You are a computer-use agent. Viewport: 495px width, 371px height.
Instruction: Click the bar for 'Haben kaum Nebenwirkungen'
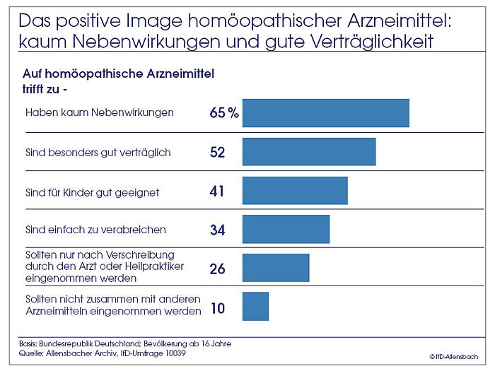coord(325,113)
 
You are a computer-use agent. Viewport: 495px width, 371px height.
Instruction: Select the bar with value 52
coord(308,152)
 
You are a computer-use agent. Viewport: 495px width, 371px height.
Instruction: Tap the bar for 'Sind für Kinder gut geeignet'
coord(295,191)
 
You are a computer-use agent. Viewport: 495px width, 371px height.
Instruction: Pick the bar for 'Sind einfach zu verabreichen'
coord(286,229)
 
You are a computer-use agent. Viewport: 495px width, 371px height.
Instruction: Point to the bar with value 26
coord(276,268)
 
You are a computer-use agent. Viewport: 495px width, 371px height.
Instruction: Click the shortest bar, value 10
coord(255,307)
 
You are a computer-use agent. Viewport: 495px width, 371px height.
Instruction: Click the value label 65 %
coord(224,113)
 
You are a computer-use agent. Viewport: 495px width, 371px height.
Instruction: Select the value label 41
coord(218,192)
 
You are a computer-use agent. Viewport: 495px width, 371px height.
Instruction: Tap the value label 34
coord(218,230)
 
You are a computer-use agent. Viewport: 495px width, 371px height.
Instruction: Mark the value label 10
coord(218,309)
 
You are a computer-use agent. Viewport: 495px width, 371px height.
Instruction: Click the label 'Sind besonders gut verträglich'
coord(98,152)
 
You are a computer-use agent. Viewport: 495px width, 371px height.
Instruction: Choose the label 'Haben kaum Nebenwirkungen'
coord(99,112)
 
